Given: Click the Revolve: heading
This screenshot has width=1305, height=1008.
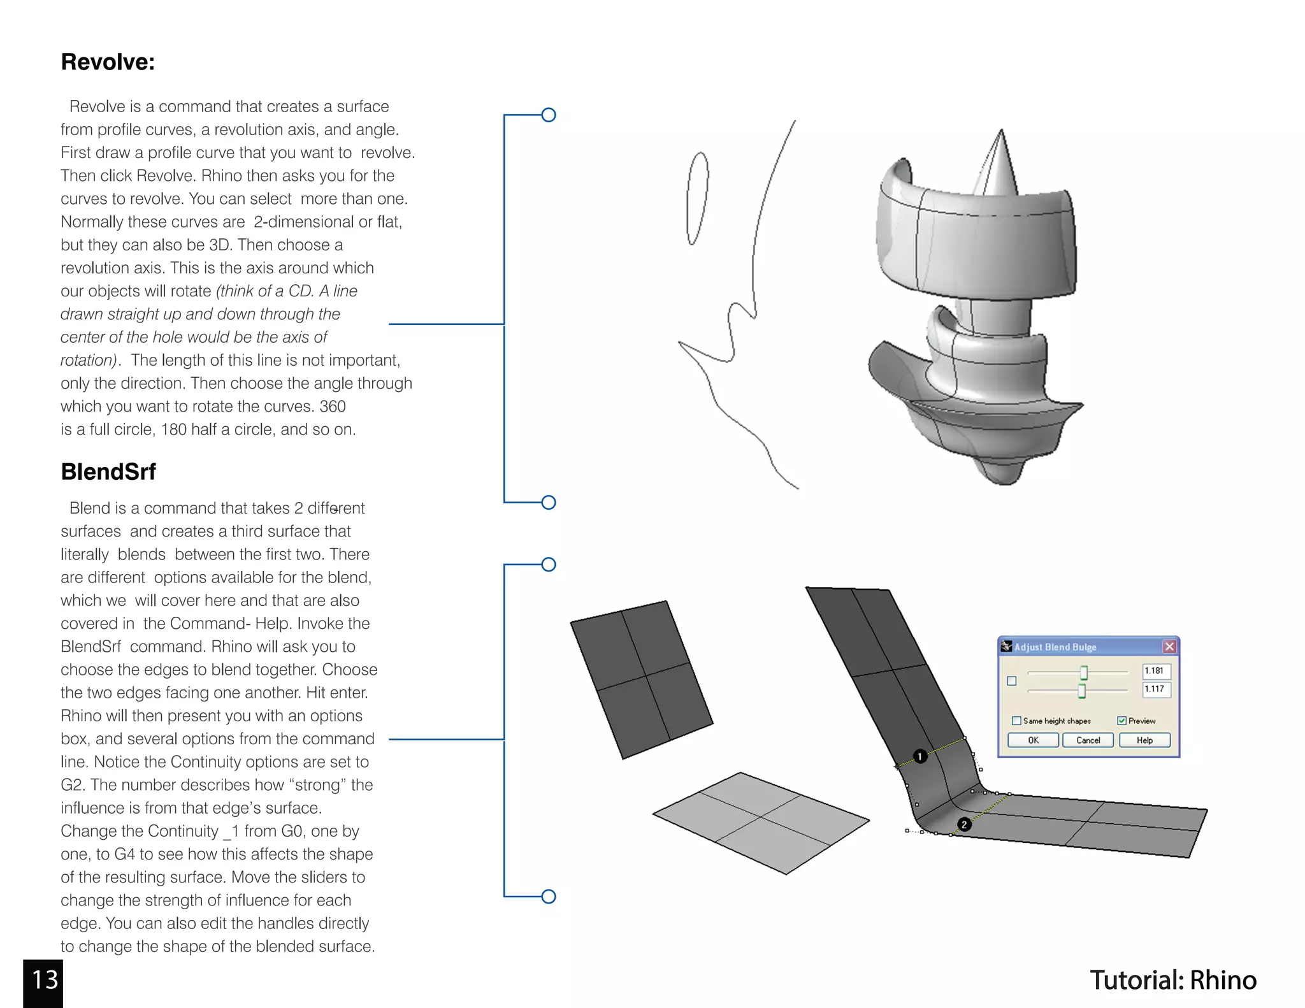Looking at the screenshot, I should [x=108, y=62].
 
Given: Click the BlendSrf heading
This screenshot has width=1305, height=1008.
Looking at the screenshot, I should [x=108, y=472].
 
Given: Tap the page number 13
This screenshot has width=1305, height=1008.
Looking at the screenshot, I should [x=44, y=980].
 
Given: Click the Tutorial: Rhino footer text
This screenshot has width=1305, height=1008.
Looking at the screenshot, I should [x=1173, y=980].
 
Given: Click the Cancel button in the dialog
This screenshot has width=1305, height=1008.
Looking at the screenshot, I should [x=1088, y=740].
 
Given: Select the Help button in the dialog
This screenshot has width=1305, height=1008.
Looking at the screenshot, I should [x=1144, y=740].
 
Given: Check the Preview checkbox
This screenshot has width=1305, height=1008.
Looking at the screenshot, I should [x=1121, y=721].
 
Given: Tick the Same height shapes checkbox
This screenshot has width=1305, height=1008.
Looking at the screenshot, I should [x=1016, y=721].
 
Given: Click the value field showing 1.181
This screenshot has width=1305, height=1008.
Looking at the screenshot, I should [x=1156, y=671].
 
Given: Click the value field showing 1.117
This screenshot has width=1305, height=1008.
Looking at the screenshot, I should [x=1156, y=689].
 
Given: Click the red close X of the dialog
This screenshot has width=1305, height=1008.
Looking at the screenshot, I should [x=1169, y=647].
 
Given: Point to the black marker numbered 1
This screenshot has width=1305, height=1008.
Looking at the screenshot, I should [x=920, y=756].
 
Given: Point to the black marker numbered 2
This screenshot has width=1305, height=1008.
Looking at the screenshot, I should [x=964, y=824].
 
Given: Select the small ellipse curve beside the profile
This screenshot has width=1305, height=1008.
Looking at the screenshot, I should [x=697, y=198].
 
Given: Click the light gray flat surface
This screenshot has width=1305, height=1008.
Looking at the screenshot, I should [x=761, y=823].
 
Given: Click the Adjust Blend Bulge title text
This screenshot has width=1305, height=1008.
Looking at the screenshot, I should [x=1055, y=647].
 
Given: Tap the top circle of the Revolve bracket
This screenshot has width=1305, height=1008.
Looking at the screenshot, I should [x=549, y=115].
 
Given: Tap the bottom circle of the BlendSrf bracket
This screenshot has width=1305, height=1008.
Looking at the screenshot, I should [x=549, y=896].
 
